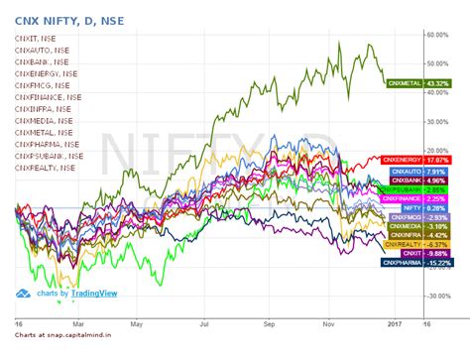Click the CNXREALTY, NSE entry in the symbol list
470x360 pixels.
(x=45, y=168)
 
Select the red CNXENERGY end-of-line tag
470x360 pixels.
(x=402, y=159)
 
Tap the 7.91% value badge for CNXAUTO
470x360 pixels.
(x=435, y=171)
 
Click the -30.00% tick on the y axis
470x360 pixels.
(x=440, y=297)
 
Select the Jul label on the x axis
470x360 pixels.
(x=203, y=323)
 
